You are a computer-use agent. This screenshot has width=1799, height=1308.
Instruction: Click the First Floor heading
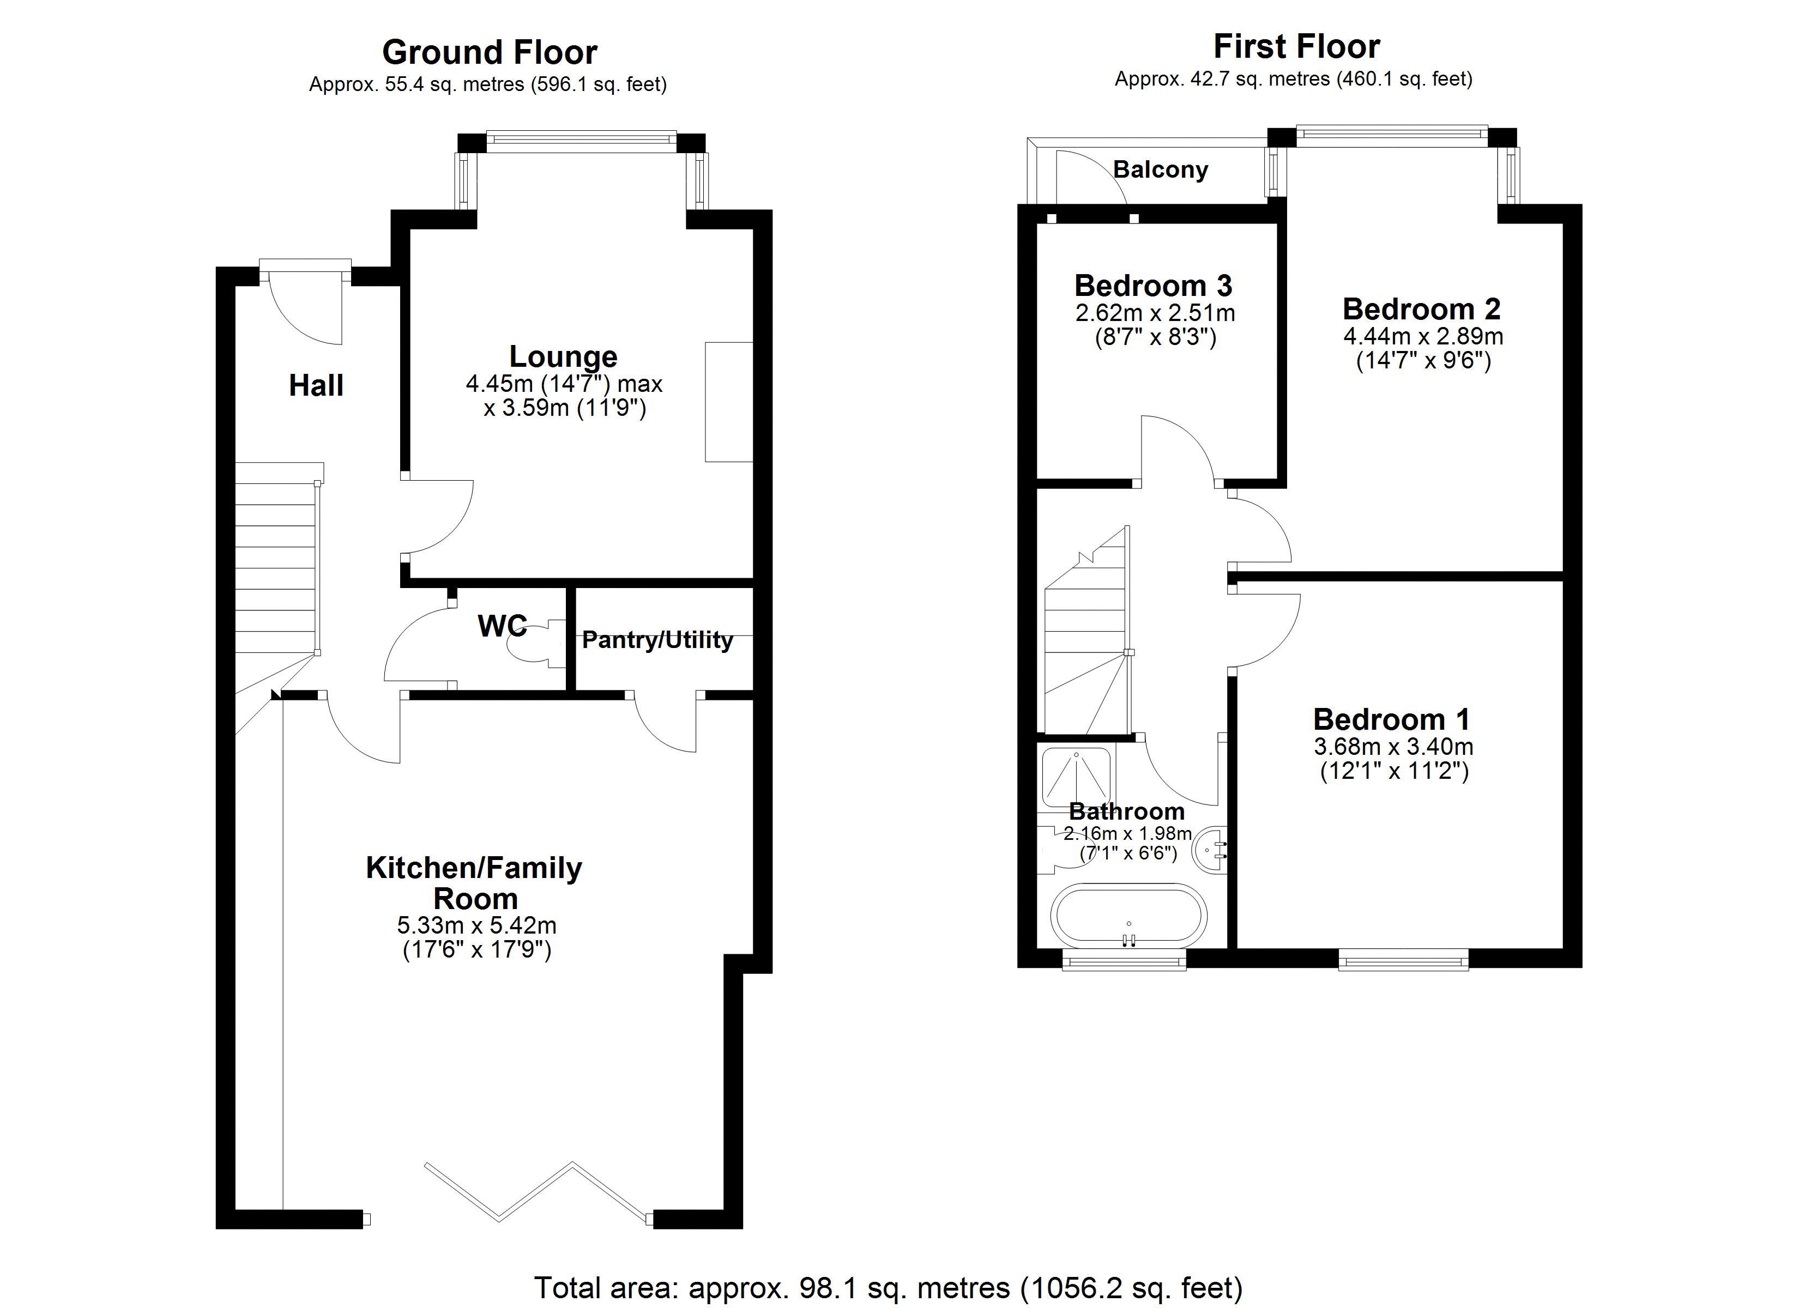[1296, 47]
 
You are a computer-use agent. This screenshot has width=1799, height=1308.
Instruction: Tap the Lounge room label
[563, 357]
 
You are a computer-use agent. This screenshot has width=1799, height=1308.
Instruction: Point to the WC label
[502, 627]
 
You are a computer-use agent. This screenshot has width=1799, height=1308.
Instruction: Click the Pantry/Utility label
[657, 640]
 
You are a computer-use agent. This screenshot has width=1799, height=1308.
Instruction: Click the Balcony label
[1160, 169]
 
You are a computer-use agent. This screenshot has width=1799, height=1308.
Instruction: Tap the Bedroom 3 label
[1154, 286]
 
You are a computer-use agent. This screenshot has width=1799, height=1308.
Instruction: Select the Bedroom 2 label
[1421, 308]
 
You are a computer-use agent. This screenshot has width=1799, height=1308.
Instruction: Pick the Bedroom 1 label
[1391, 719]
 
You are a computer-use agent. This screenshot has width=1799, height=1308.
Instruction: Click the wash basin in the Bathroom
[1212, 849]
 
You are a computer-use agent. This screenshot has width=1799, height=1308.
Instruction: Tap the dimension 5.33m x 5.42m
[476, 925]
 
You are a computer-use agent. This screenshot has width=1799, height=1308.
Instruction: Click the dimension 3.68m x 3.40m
[1393, 747]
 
